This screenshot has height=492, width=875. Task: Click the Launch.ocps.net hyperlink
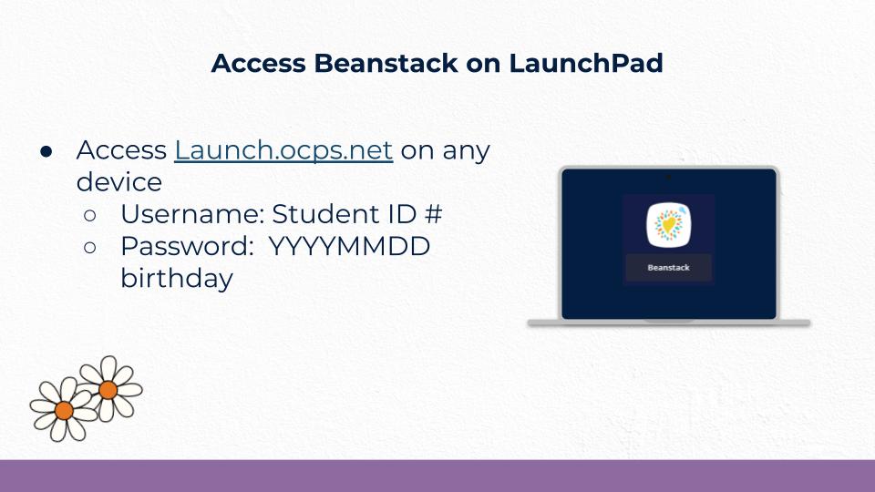pos(283,150)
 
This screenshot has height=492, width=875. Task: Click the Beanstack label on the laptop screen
pos(668,268)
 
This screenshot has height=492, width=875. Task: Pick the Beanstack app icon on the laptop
pos(668,225)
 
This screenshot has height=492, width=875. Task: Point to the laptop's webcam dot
pos(668,175)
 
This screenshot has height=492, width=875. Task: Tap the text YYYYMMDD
pos(349,247)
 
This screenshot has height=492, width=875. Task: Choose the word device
pos(118,182)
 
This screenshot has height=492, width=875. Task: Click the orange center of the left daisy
pos(64,411)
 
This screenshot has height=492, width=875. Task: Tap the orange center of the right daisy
pos(108,390)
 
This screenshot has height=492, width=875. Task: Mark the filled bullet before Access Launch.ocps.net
pos(46,151)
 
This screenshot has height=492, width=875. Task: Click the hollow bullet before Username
pos(90,216)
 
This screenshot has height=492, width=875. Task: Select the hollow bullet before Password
pos(90,248)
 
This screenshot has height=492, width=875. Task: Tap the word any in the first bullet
pos(466,150)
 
